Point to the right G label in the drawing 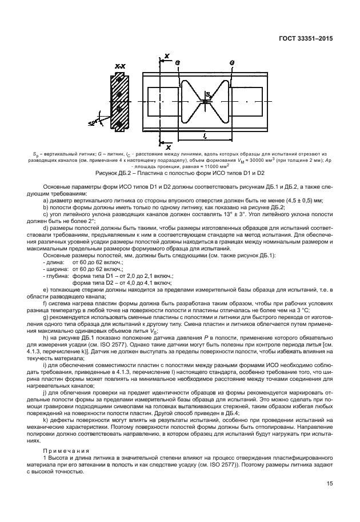point(231,62)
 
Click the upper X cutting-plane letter point(166,56)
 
